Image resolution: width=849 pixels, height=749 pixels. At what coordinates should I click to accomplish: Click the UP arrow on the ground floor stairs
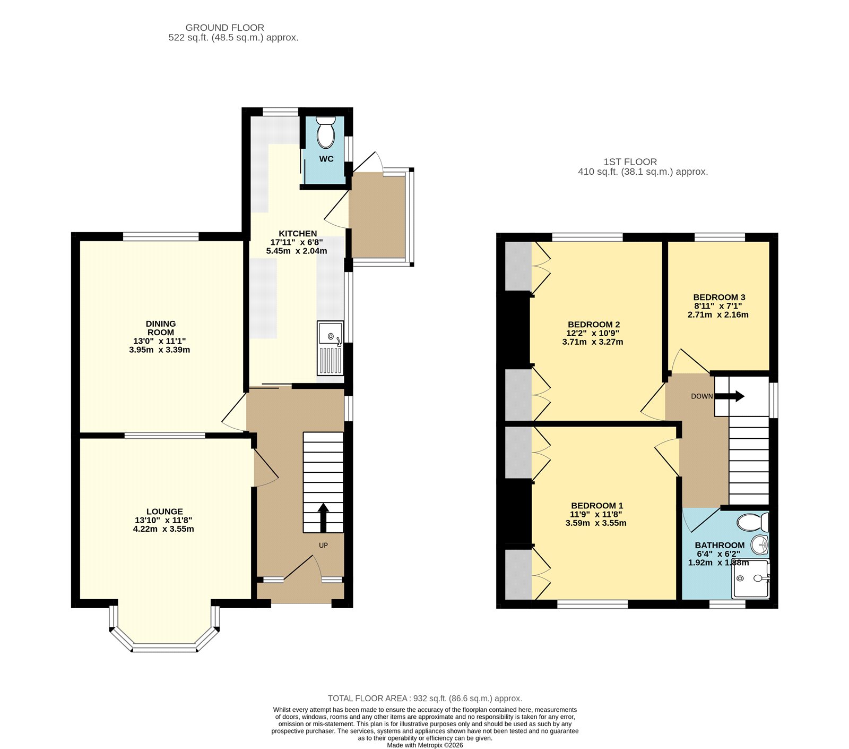(323, 517)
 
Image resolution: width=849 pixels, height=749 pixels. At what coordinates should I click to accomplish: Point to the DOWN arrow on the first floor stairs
(730, 396)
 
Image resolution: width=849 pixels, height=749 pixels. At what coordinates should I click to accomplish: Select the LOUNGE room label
(164, 512)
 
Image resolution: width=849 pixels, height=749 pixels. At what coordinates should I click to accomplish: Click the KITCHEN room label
(298, 233)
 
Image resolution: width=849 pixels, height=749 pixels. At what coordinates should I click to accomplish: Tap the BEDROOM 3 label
(719, 297)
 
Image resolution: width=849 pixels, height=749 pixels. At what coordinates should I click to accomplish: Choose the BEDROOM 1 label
(597, 506)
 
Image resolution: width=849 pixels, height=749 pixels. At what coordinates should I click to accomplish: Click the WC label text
(326, 159)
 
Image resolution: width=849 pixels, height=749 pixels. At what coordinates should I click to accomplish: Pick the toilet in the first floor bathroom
(752, 522)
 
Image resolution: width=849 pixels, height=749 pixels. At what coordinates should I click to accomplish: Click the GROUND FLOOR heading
(224, 28)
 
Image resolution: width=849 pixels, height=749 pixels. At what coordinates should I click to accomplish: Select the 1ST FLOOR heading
(630, 161)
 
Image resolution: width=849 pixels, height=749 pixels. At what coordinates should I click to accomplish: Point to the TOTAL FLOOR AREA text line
(425, 698)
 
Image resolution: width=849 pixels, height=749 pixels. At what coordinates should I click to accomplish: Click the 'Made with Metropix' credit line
(425, 745)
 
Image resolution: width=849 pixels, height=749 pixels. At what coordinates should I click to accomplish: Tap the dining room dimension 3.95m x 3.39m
(159, 350)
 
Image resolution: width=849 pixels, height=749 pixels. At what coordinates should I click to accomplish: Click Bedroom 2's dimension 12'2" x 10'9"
(593, 333)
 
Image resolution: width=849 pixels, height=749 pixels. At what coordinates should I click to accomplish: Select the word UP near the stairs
(323, 546)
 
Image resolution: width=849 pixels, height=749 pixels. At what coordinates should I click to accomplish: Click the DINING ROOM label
(161, 328)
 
